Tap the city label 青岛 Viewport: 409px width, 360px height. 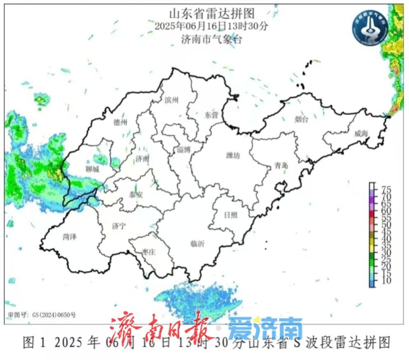pyautogui.click(x=281, y=166)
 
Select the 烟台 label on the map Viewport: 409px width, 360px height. pyautogui.click(x=301, y=120)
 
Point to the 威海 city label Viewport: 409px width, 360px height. pyautogui.click(x=361, y=133)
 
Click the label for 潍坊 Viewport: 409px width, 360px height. pyautogui.click(x=233, y=155)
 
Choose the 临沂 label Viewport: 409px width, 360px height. pyautogui.click(x=197, y=243)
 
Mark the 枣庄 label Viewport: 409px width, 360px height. pyautogui.click(x=149, y=252)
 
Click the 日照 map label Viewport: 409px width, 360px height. pyautogui.click(x=230, y=215)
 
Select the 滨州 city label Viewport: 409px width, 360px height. pyautogui.click(x=171, y=100)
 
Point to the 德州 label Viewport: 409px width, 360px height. pyautogui.click(x=120, y=122)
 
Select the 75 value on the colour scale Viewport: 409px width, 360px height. pyautogui.click(x=386, y=189)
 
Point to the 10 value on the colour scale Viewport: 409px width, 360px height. pyautogui.click(x=386, y=281)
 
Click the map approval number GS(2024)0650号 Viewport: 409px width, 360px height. pyautogui.click(x=41, y=315)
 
